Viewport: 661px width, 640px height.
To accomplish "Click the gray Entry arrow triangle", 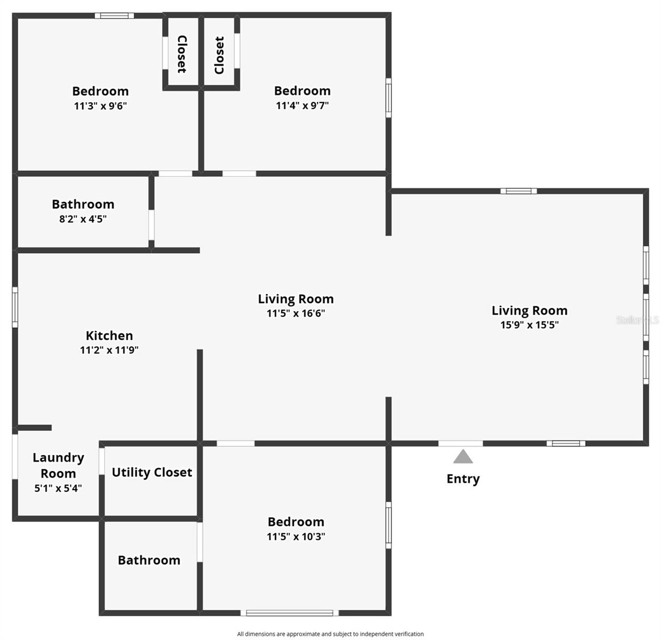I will point(463,457).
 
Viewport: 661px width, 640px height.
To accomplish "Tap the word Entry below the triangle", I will point(463,479).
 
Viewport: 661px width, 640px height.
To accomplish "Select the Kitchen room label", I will point(109,335).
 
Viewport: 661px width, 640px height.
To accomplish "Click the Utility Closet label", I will point(152,473).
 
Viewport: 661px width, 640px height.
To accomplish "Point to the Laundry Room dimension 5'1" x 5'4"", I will point(58,488).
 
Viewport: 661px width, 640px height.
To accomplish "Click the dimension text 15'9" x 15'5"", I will point(529,325).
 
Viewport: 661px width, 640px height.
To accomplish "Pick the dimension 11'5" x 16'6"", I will point(296,314).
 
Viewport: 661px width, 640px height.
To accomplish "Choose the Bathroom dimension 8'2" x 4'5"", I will point(83,219).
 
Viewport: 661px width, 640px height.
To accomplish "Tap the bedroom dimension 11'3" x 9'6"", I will point(100,106).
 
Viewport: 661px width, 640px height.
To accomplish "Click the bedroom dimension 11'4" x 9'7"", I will point(302,106).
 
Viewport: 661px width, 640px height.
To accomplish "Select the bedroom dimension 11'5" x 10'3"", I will point(296,537).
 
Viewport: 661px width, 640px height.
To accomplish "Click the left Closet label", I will point(182,54).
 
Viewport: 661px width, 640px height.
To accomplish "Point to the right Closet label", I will point(219,55).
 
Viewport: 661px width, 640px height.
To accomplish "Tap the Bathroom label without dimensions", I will point(149,560).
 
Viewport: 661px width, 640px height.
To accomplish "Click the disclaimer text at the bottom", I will point(330,634).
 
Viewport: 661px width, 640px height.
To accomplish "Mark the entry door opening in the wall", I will point(460,443).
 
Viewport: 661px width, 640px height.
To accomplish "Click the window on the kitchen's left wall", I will point(15,307).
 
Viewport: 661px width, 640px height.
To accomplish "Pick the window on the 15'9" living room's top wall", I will point(518,191).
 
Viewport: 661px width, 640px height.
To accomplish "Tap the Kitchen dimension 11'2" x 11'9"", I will point(109,350).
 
